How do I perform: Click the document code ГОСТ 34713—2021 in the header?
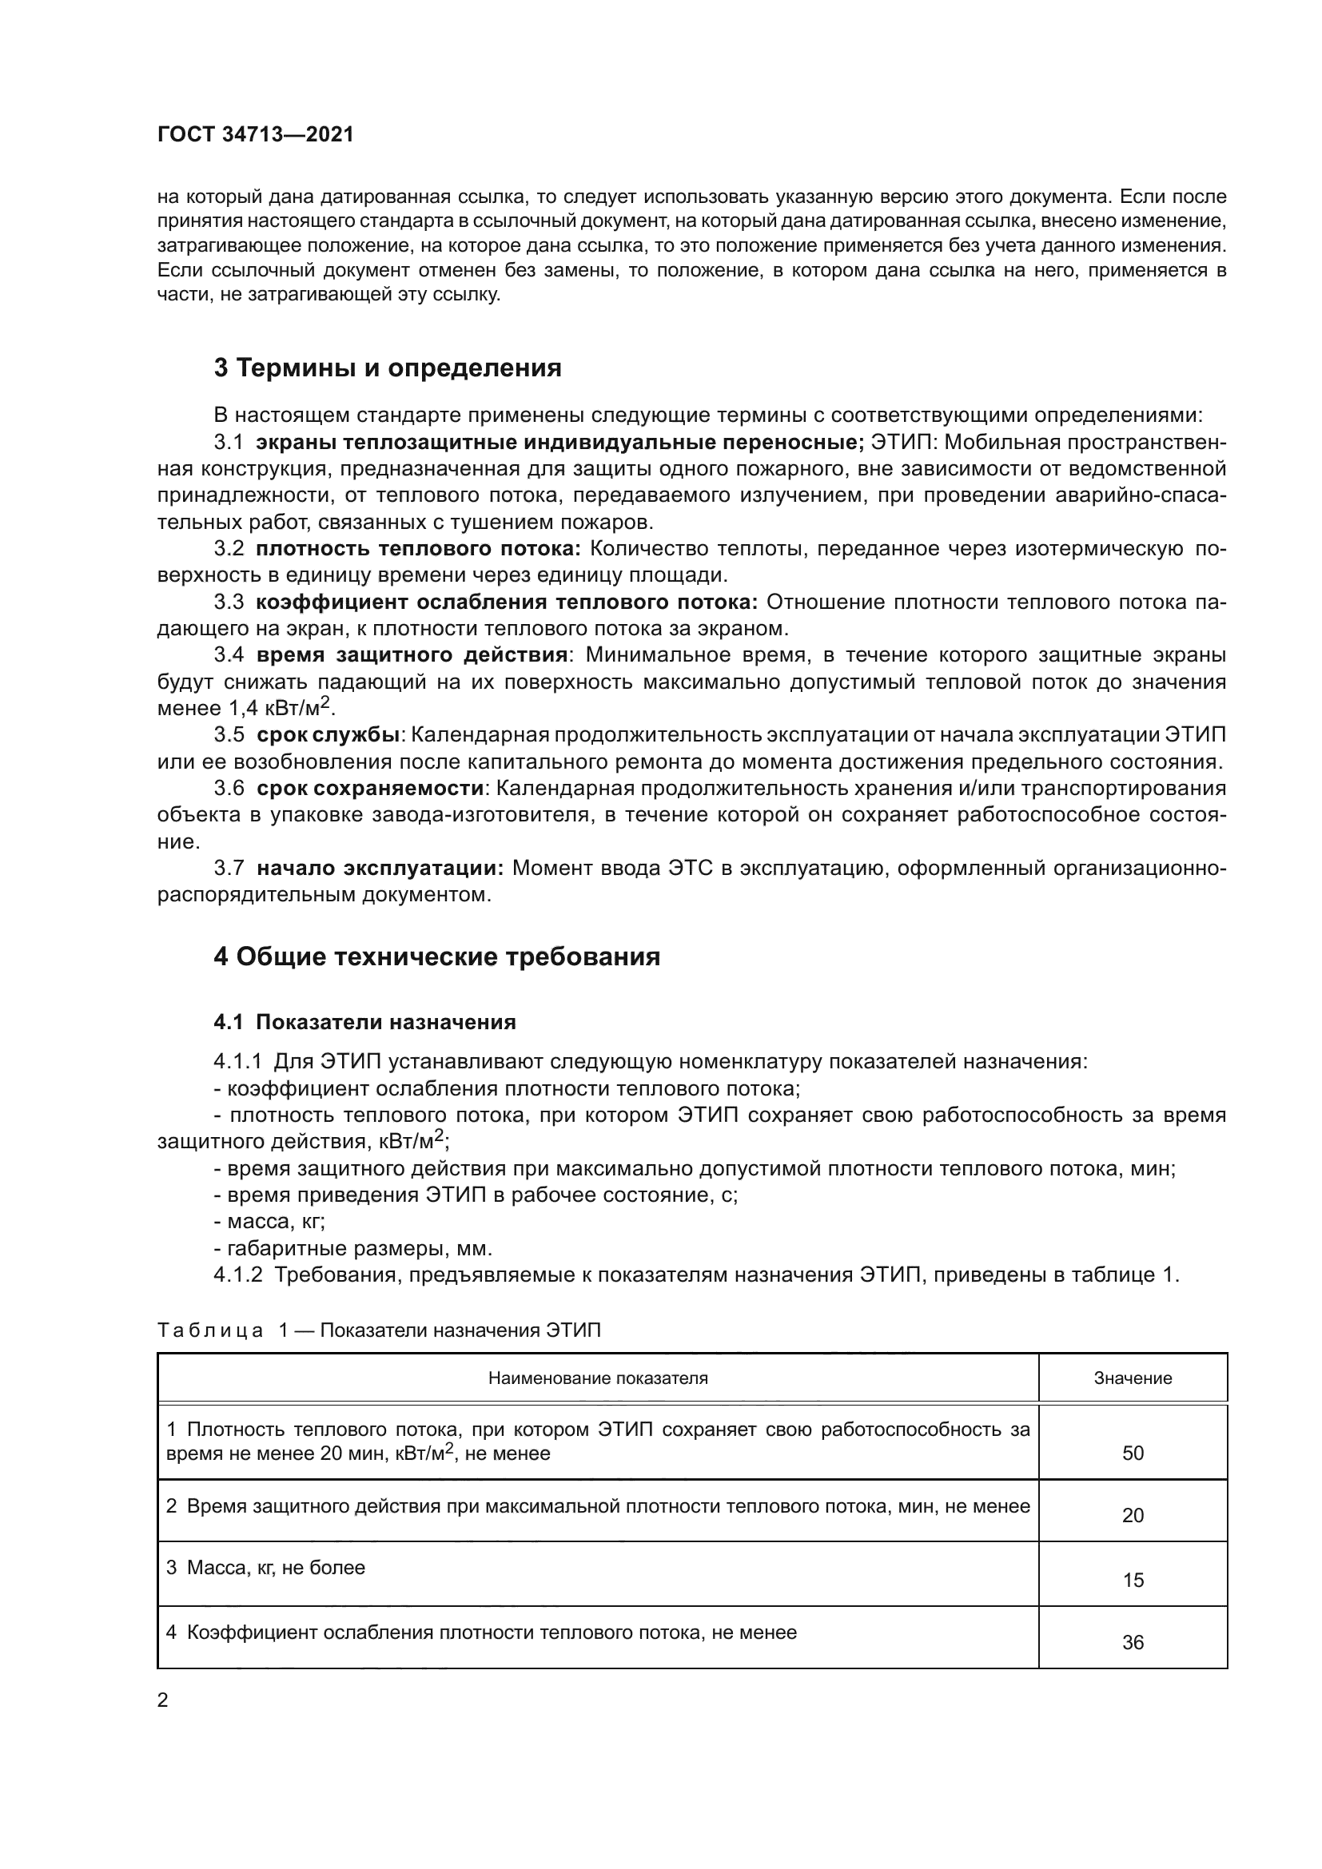(x=256, y=135)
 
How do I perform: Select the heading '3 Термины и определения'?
(x=388, y=368)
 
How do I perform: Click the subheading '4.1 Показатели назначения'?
(x=364, y=1023)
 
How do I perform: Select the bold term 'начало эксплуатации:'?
(x=380, y=869)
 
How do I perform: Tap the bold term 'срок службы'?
(x=327, y=735)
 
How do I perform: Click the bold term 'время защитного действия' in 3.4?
(x=412, y=656)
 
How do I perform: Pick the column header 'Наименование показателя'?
(x=598, y=1378)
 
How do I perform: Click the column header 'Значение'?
(x=1133, y=1378)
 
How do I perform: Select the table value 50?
(x=1133, y=1453)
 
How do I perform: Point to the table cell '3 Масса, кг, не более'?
(x=265, y=1568)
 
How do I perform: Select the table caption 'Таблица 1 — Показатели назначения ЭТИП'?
(x=379, y=1331)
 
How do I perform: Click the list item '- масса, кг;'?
(x=269, y=1222)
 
